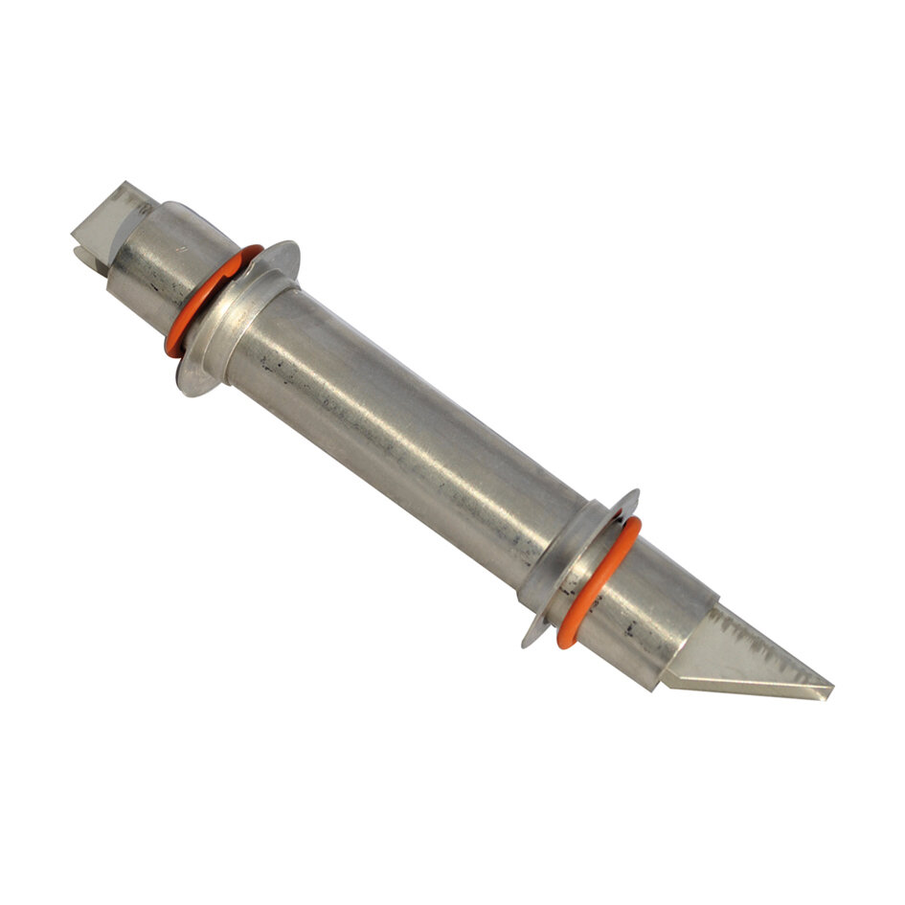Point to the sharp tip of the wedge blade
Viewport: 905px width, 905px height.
point(829,689)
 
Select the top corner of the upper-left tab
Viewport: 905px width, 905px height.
point(122,184)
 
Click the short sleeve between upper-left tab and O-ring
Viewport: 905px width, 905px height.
point(158,259)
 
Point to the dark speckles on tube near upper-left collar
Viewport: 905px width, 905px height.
point(278,364)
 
